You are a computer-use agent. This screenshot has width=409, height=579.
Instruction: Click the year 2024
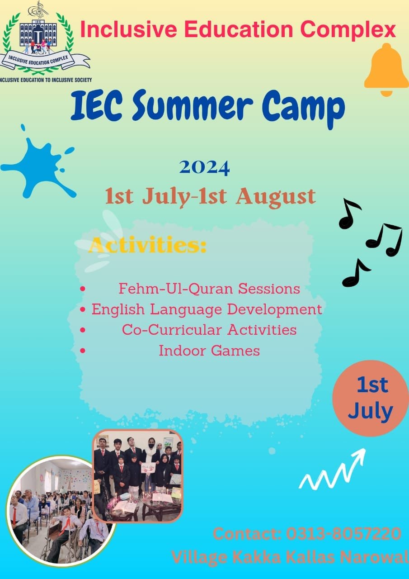[x=204, y=168]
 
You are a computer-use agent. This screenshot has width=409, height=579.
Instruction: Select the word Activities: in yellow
[x=148, y=245]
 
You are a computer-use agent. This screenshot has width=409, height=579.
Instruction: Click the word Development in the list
[x=274, y=310]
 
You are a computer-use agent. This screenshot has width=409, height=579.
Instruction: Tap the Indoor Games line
[x=209, y=351]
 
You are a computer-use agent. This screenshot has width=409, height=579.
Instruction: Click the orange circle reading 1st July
[x=371, y=399]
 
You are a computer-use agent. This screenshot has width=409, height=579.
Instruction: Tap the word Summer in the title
[x=193, y=105]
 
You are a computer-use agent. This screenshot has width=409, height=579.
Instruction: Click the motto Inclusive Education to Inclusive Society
[x=46, y=80]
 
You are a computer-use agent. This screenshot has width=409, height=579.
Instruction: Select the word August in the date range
[x=276, y=197]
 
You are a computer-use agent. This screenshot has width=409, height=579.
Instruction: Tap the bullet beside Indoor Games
[x=83, y=351]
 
